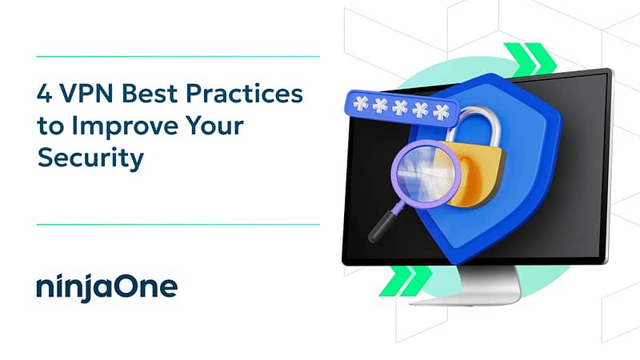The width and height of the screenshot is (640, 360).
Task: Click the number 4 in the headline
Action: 45,94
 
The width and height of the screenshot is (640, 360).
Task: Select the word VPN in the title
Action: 86,94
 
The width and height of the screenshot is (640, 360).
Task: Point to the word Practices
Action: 245,94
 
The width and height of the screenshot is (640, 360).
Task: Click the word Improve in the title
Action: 125,126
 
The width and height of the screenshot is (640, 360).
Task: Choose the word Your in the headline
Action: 214,126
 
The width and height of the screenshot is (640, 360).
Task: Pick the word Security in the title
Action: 90,158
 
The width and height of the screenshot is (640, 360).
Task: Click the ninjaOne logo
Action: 107,287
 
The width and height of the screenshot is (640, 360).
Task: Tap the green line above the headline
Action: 178,57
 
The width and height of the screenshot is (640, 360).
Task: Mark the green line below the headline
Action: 178,225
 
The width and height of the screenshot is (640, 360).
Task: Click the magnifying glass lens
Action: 426,174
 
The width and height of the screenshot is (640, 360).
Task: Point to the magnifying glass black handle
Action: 384,224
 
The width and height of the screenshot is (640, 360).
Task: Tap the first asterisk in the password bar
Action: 361,104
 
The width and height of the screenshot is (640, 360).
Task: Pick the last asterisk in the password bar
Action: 442,112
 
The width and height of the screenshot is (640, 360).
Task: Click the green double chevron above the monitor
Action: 530,59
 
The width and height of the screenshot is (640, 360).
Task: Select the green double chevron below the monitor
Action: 406,281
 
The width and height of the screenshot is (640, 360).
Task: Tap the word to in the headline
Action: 50,126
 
